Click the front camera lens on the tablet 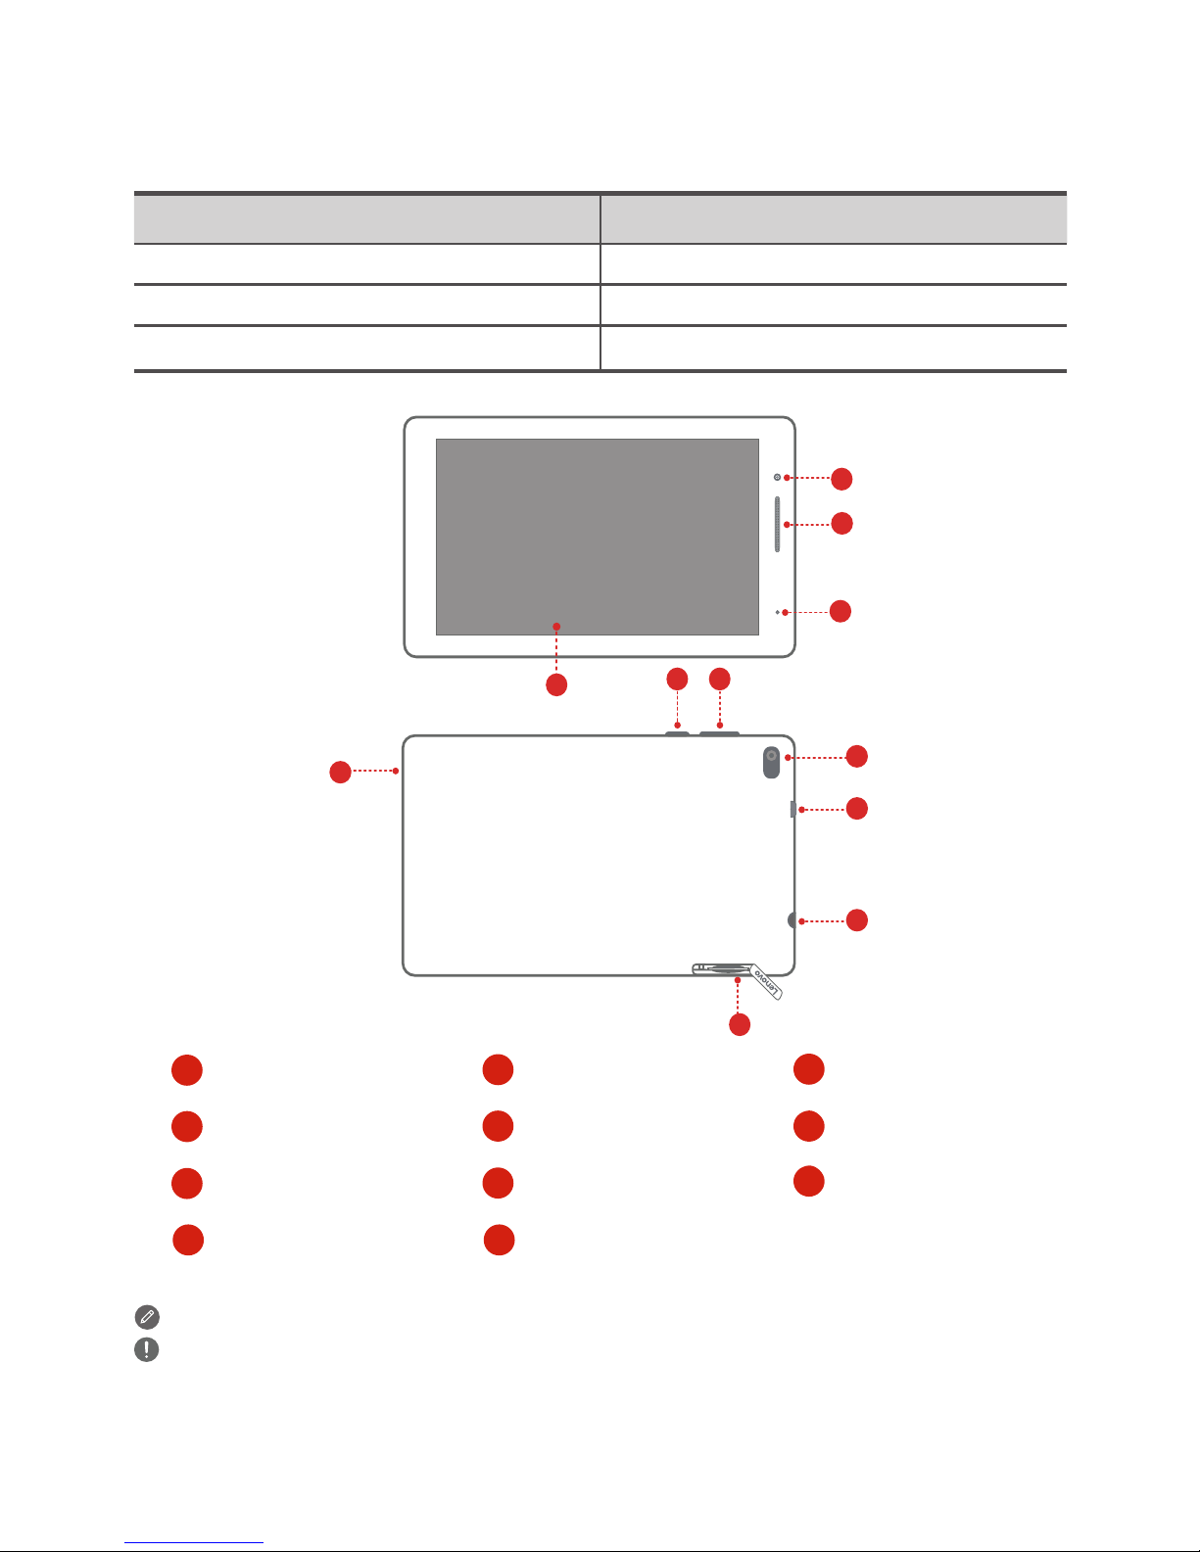pos(777,477)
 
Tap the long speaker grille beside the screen pos(778,524)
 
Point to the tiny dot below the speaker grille pos(778,612)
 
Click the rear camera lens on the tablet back pos(772,757)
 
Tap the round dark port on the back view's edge pos(792,920)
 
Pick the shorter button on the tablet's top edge pos(677,731)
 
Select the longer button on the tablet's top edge pos(720,730)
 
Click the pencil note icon pos(146,1317)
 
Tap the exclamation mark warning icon pos(146,1349)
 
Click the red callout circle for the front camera pos(841,479)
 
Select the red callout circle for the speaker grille pos(841,523)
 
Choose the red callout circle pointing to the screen pos(556,685)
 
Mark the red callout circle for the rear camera pos(857,756)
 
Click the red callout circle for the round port pos(857,920)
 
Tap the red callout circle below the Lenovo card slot pos(740,1024)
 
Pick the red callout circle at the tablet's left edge pos(340,772)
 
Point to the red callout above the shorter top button pos(677,678)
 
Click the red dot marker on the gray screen pos(556,626)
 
